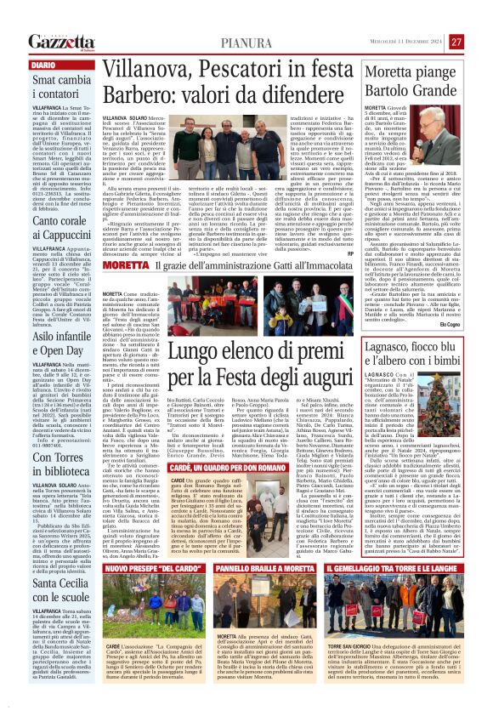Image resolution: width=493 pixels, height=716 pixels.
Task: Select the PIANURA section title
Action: pos(247,43)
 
